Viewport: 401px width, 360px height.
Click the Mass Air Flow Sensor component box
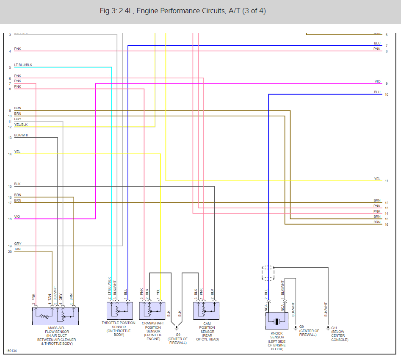click(55, 316)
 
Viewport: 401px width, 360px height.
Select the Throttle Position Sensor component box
click(119, 311)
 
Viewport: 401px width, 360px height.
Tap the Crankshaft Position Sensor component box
click(152, 311)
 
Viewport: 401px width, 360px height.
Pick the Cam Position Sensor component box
click(207, 311)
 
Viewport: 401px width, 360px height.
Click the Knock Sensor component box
click(277, 321)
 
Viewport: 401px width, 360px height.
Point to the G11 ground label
click(334, 328)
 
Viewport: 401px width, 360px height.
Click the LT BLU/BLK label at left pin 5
click(23, 65)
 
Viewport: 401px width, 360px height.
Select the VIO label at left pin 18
click(17, 216)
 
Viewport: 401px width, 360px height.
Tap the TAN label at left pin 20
click(17, 249)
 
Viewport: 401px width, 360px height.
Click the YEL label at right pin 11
click(377, 179)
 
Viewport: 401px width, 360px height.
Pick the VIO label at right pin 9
click(377, 81)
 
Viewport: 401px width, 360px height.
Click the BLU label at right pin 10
click(377, 92)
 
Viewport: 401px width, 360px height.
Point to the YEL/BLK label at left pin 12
click(21, 125)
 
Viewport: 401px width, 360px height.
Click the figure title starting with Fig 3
click(183, 11)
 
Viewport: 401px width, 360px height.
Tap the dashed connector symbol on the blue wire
click(268, 273)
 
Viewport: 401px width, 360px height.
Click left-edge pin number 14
click(10, 154)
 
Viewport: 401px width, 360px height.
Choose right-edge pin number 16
click(386, 224)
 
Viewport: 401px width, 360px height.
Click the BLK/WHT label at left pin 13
click(21, 135)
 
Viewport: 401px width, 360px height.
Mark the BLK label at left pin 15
click(17, 184)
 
